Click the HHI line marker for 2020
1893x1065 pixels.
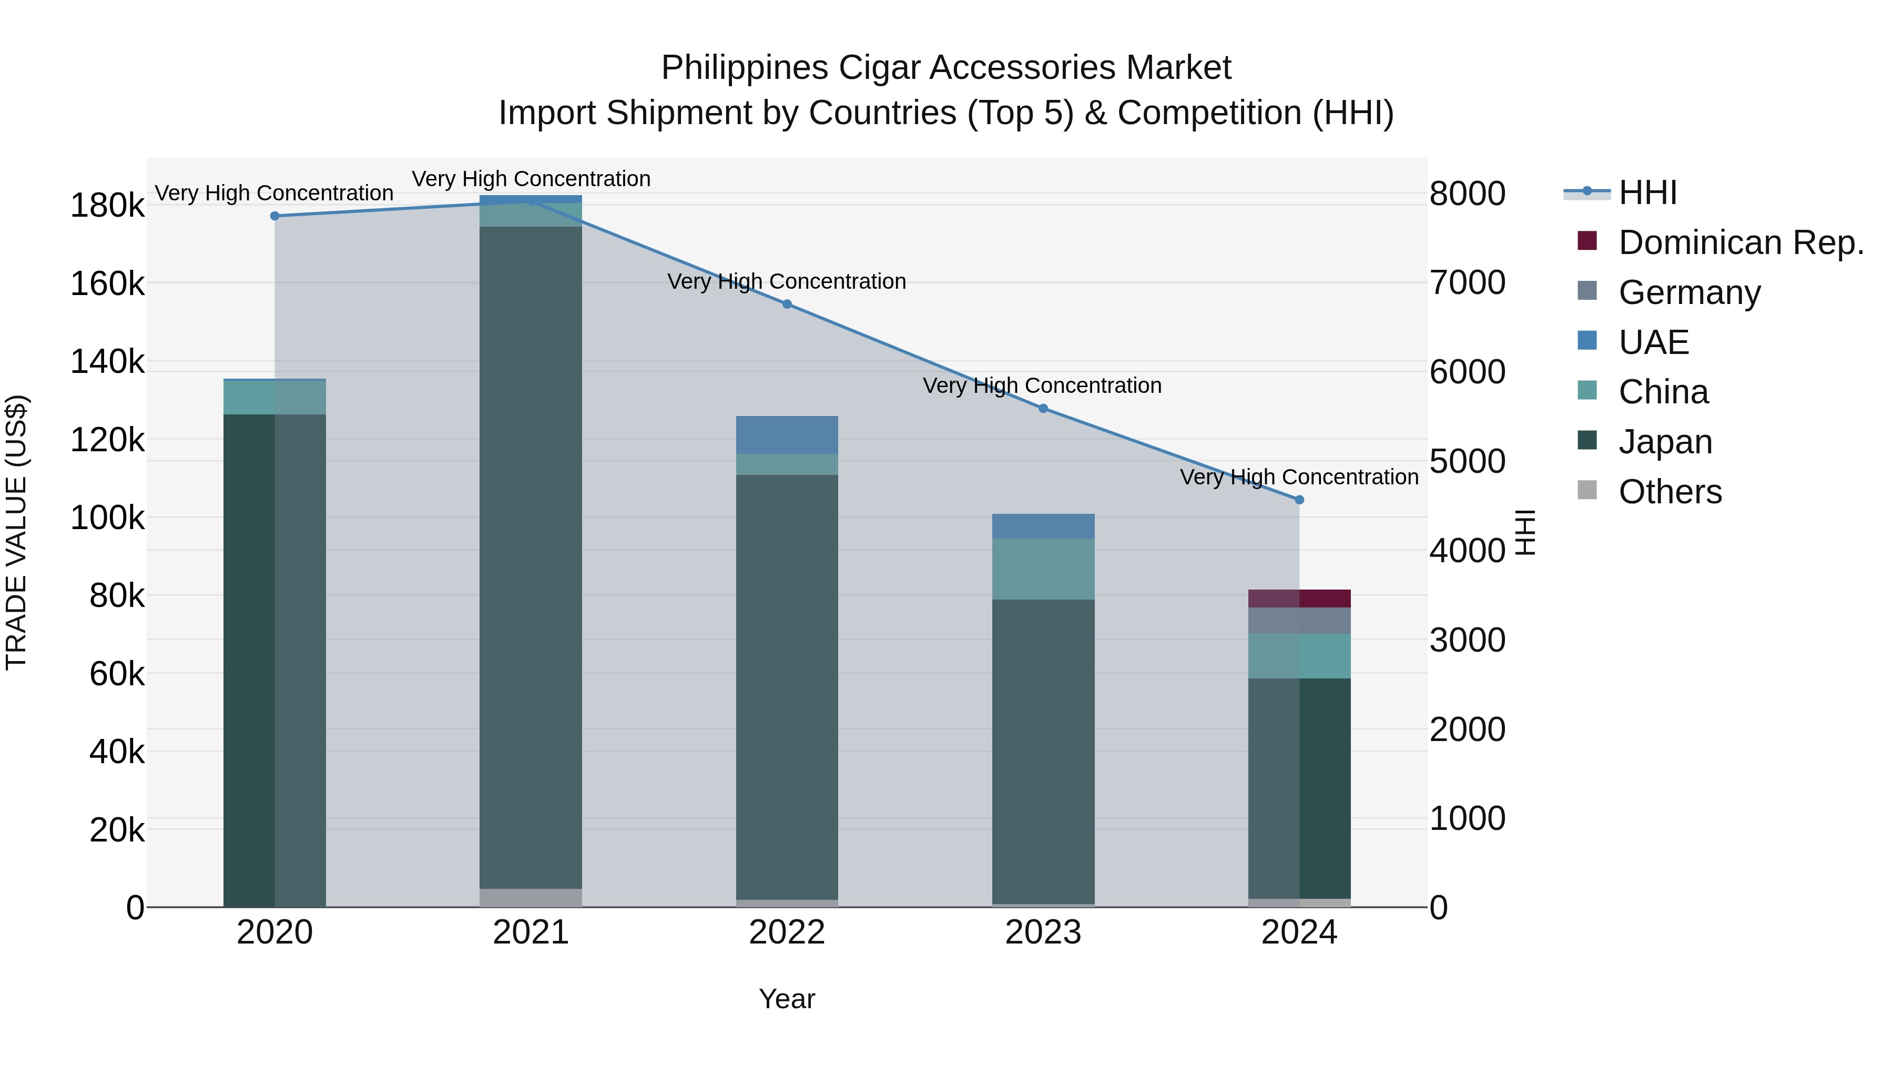pyautogui.click(x=275, y=216)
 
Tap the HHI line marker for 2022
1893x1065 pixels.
pyautogui.click(x=787, y=305)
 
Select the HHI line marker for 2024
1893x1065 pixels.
pyautogui.click(x=1299, y=500)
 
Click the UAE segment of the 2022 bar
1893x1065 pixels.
pyautogui.click(x=787, y=435)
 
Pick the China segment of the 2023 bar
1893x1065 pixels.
pyautogui.click(x=1043, y=569)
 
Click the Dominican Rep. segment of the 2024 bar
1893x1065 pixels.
pyautogui.click(x=1299, y=599)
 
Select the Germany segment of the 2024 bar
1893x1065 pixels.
pyautogui.click(x=1299, y=621)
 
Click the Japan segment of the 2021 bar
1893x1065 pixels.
pyautogui.click(x=531, y=559)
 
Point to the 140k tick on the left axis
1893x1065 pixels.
pyautogui.click(x=107, y=362)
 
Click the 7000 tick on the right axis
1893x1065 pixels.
pyautogui.click(x=1467, y=283)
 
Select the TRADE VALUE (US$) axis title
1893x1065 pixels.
pyautogui.click(x=16, y=532)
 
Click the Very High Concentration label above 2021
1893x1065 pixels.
pyautogui.click(x=531, y=179)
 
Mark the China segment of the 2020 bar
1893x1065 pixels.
pyautogui.click(x=275, y=398)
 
